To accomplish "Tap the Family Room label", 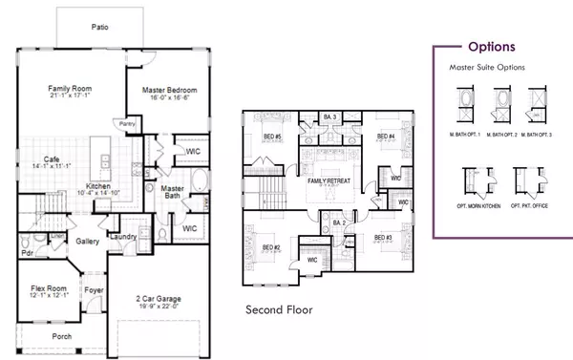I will click(x=69, y=89).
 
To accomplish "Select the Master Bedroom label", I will click(x=168, y=91).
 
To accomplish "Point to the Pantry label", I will click(x=126, y=123).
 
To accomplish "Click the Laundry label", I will click(x=120, y=236).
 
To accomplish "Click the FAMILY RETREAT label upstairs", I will click(x=329, y=180).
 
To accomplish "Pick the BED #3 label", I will click(x=383, y=238).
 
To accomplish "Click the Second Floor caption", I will click(x=278, y=309).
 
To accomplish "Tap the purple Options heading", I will click(x=492, y=46).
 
